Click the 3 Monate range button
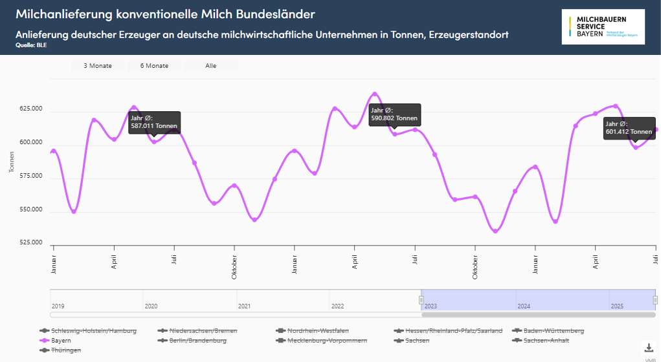click(x=98, y=66)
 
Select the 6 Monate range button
click(x=154, y=66)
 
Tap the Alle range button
click(x=211, y=66)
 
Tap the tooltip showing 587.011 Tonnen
click(x=153, y=122)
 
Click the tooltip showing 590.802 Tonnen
click(x=394, y=114)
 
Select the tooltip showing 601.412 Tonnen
click(x=630, y=128)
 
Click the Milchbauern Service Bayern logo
click(x=603, y=27)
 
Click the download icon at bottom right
click(x=648, y=347)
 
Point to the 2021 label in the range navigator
click(x=244, y=306)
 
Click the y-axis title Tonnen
click(x=12, y=162)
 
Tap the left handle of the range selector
click(x=421, y=300)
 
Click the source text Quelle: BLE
click(x=31, y=45)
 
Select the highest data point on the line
click(x=374, y=94)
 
